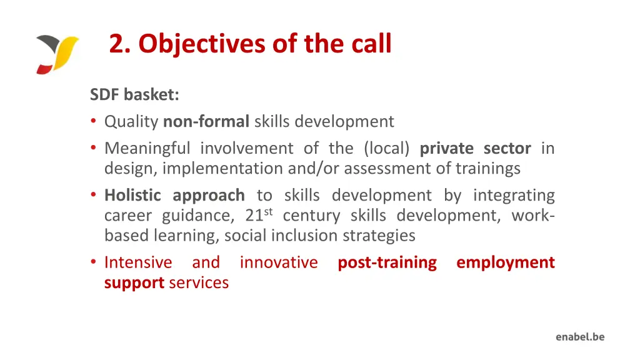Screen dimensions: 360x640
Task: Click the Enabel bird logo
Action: point(57,54)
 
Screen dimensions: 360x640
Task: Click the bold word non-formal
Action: point(206,121)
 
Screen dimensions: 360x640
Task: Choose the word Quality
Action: point(131,121)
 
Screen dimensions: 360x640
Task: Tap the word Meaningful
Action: point(147,149)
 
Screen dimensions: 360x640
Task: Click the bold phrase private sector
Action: point(475,149)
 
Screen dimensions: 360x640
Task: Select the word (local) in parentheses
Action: point(386,149)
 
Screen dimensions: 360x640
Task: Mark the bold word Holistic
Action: point(132,196)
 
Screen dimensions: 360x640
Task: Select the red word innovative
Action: point(279,262)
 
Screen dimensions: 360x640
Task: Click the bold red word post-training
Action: point(387,262)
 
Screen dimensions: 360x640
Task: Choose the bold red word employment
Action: point(505,262)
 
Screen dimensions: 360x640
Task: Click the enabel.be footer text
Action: point(580,337)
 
